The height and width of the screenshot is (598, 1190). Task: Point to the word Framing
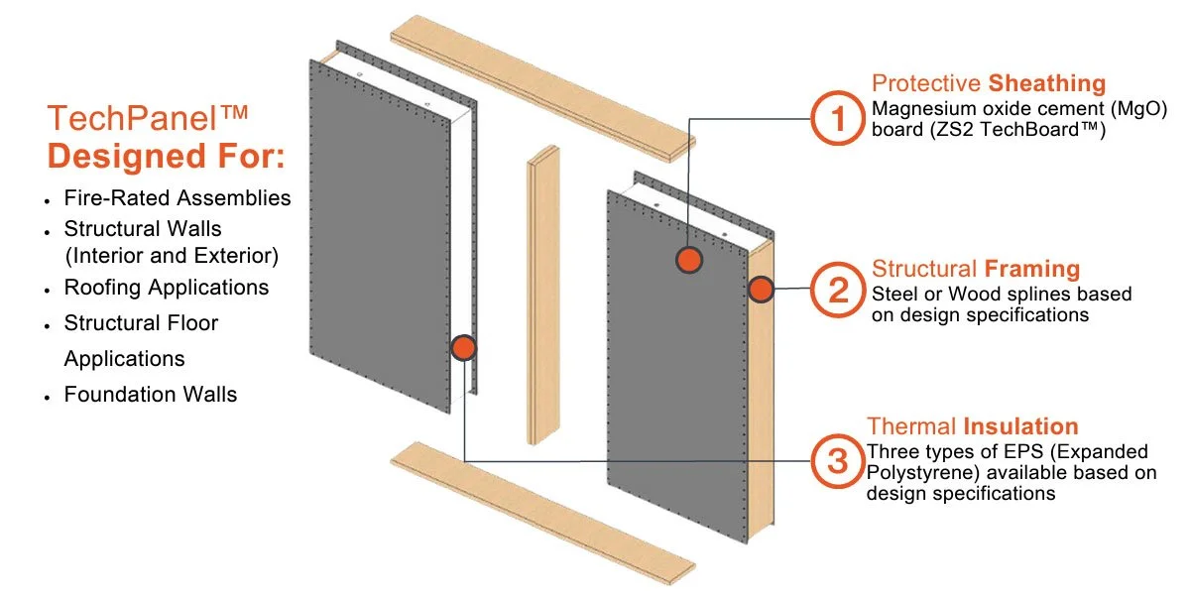pyautogui.click(x=1032, y=269)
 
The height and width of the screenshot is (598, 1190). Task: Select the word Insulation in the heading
pyautogui.click(x=1020, y=427)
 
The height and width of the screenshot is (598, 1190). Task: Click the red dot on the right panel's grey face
pyautogui.click(x=689, y=260)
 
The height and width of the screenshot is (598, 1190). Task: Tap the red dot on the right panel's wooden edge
pyautogui.click(x=761, y=290)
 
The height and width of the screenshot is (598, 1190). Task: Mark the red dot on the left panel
pyautogui.click(x=463, y=347)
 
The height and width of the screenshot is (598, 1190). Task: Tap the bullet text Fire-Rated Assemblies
pyautogui.click(x=178, y=197)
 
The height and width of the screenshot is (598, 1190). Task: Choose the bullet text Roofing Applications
pyautogui.click(x=167, y=288)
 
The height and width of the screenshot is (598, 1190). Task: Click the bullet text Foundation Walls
pyautogui.click(x=151, y=394)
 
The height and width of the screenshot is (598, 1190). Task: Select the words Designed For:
pyautogui.click(x=166, y=157)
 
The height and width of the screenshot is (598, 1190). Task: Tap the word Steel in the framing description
pyautogui.click(x=894, y=295)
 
